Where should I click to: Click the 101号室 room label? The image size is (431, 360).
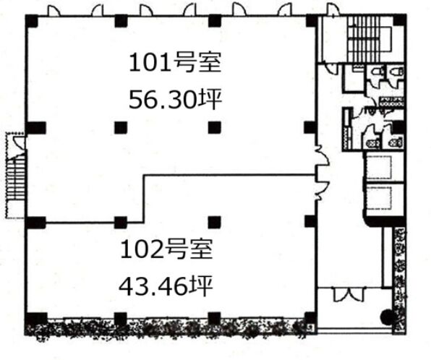[x=175, y=62]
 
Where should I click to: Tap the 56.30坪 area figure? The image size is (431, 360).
[x=175, y=100]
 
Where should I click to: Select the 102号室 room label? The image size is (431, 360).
[x=166, y=249]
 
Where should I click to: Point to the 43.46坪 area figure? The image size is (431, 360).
[x=166, y=286]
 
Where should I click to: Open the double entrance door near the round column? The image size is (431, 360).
[x=349, y=294]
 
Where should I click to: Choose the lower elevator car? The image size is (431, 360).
[x=380, y=198]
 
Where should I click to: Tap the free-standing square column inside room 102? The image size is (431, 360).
[x=214, y=223]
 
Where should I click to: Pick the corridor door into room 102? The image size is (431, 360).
[x=322, y=190]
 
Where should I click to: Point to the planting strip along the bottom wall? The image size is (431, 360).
[x=168, y=328]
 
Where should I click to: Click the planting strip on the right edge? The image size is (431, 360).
[x=399, y=279]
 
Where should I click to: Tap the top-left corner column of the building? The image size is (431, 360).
[x=32, y=21]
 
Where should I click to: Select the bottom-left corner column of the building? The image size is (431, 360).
[x=36, y=319]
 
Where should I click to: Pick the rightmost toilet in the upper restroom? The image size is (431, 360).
[x=397, y=72]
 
